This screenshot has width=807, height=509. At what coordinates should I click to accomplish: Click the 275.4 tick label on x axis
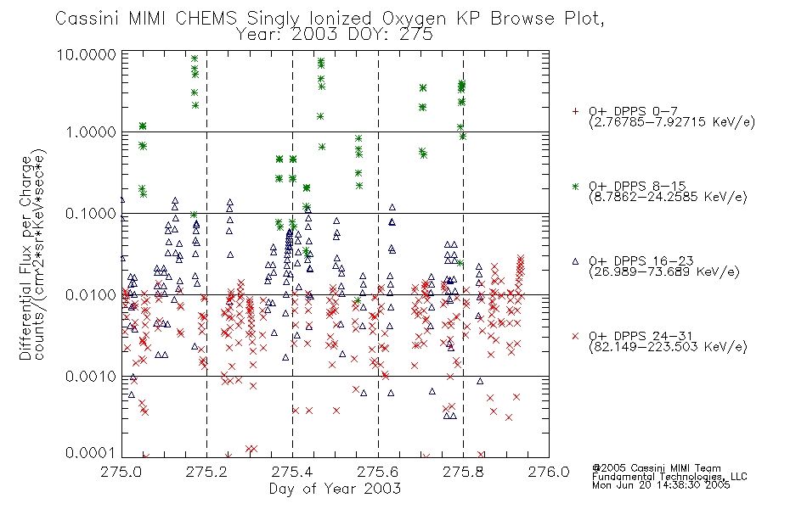click(x=292, y=472)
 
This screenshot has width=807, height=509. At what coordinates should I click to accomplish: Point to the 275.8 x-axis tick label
click(x=463, y=472)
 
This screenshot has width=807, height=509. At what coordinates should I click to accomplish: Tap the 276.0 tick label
click(x=549, y=472)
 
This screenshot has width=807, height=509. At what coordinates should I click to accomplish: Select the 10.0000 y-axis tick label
click(x=87, y=54)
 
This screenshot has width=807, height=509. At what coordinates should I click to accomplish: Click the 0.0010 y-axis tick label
click(x=91, y=377)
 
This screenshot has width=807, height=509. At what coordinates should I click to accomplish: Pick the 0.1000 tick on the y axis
click(x=91, y=214)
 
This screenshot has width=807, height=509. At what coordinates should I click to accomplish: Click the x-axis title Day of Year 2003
click(x=335, y=489)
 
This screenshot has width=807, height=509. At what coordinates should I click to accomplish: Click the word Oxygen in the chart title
click(x=414, y=19)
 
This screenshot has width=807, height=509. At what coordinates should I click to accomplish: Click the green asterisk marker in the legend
click(x=575, y=186)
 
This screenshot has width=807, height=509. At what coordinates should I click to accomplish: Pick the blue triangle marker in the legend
click(x=575, y=261)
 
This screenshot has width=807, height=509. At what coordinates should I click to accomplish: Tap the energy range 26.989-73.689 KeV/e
click(x=664, y=271)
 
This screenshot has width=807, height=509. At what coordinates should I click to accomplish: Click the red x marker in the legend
click(x=575, y=336)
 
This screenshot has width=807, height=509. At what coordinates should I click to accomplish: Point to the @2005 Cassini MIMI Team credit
click(x=656, y=468)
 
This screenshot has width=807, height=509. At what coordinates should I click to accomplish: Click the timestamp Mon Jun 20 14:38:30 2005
click(x=661, y=485)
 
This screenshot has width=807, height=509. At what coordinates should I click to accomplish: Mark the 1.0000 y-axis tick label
click(x=91, y=132)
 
